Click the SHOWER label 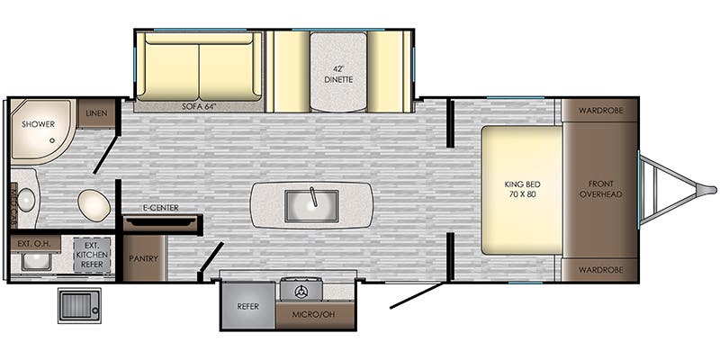pos(38,124)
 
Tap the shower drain pos(52,140)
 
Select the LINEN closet pos(96,113)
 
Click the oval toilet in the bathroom pos(94,204)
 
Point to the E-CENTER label pos(160,208)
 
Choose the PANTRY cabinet pos(144,258)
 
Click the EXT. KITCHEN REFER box pos(92,254)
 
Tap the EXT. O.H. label pos(34,242)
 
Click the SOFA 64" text pos(199,106)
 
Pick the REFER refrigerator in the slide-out pos(248,305)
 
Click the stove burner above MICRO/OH pos(301,291)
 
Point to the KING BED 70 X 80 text pos(523,189)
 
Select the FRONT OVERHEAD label pos(600,189)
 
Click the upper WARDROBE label pos(600,111)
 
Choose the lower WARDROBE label pos(600,269)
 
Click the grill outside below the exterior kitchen pos(79,305)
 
